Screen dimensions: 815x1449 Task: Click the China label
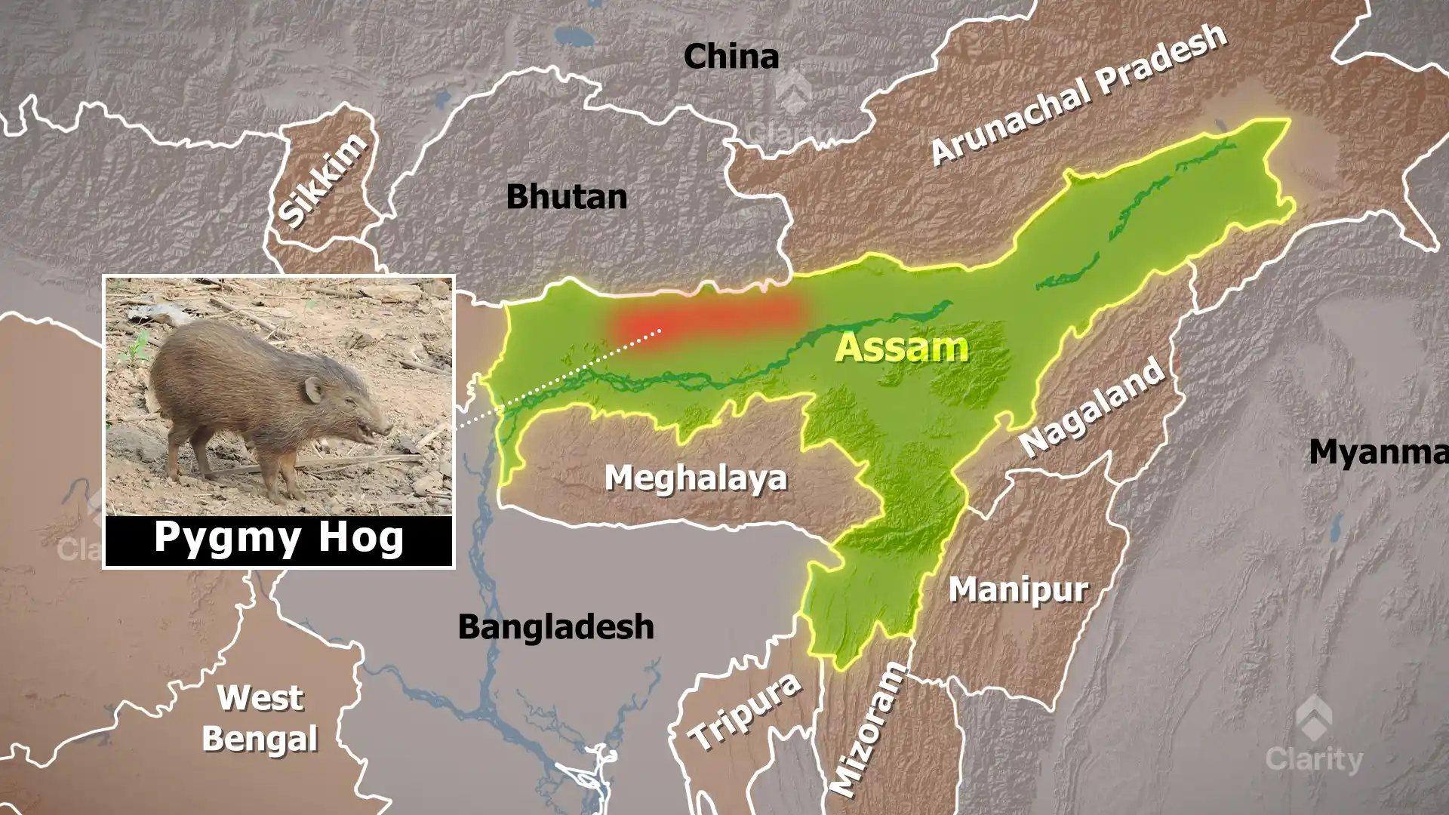[731, 57]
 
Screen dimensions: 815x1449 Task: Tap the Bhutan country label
[567, 197]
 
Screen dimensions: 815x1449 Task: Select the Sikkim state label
[323, 180]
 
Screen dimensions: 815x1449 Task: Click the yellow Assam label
[902, 348]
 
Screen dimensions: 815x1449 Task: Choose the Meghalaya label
[696, 478]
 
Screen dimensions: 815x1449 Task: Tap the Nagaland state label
[1091, 407]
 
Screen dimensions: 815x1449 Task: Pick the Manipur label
[1018, 589]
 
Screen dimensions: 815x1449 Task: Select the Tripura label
[744, 710]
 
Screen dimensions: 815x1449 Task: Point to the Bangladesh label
[556, 627]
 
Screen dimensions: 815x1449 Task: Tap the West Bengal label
[260, 718]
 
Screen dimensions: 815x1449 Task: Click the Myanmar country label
[1378, 452]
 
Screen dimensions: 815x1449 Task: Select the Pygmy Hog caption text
[278, 538]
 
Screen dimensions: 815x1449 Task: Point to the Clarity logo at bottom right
[1314, 736]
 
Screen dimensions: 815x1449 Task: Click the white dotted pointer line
[558, 377]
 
